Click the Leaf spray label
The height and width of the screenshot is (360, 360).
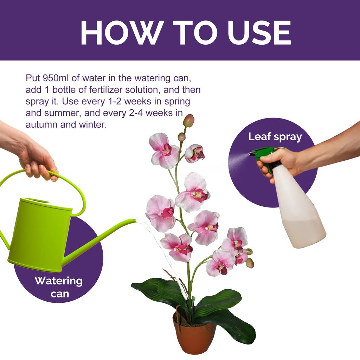click(x=275, y=137)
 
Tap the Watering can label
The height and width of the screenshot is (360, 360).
click(x=58, y=287)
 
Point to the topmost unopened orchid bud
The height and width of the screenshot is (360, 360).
click(x=189, y=121)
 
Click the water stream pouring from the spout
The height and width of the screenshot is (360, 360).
click(x=163, y=253)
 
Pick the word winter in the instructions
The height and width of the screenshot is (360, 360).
click(x=91, y=125)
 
